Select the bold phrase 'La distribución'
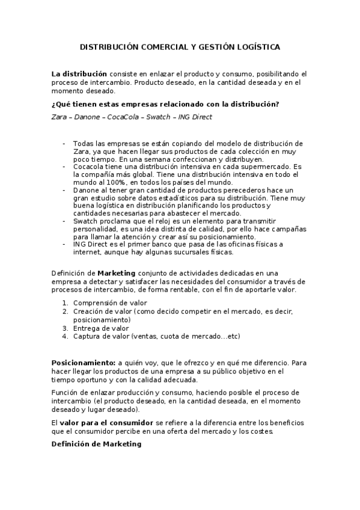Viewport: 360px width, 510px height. (79, 73)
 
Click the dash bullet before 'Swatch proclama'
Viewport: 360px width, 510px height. (64, 221)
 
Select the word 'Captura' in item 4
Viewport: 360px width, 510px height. (87, 336)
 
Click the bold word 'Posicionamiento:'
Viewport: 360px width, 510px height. (84, 363)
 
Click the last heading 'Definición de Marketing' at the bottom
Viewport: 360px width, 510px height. (96, 444)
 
